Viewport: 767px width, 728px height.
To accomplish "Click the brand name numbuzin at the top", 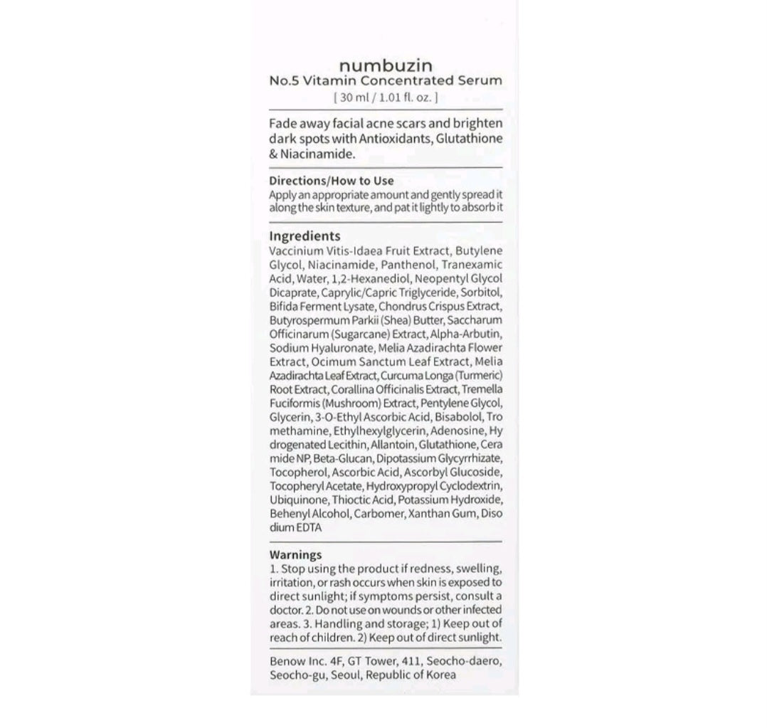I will tap(386, 65).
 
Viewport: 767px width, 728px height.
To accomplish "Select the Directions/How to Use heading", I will tap(332, 181).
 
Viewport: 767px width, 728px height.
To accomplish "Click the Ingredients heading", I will tap(305, 236).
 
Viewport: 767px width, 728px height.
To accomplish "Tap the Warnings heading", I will tap(295, 554).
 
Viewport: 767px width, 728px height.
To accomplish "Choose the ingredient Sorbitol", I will tap(482, 292).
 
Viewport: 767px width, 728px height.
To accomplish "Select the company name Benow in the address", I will tap(287, 661).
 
